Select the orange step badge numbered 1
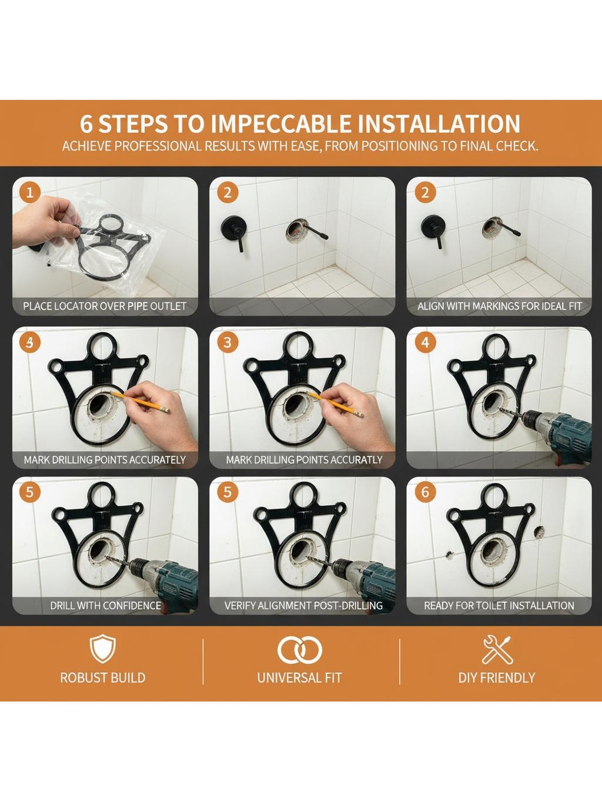[30, 192]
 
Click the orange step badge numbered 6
[425, 492]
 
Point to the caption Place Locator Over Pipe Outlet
[105, 306]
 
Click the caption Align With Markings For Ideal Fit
[499, 306]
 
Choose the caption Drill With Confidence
[105, 605]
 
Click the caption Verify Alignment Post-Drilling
[303, 605]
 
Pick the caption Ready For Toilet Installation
[499, 605]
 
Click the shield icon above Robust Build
[103, 649]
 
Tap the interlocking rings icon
[300, 650]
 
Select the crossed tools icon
[497, 649]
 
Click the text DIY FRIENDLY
[497, 678]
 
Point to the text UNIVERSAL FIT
[299, 678]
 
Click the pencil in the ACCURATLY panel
[335, 404]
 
